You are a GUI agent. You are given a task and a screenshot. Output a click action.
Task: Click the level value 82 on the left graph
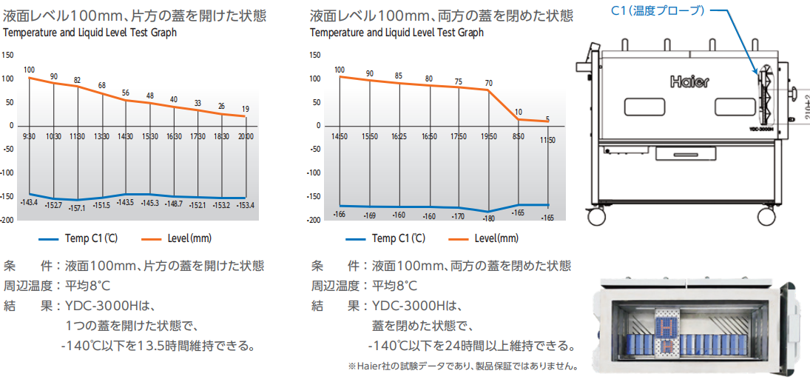tap(77, 81)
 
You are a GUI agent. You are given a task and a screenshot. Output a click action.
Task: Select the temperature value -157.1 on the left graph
tap(77, 208)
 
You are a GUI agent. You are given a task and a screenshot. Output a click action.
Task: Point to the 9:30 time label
tap(29, 136)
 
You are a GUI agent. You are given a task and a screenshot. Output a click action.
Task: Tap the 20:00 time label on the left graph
tap(245, 136)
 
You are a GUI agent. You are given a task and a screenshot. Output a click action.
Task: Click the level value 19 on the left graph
tap(246, 109)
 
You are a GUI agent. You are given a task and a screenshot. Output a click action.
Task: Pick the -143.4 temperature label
tap(30, 201)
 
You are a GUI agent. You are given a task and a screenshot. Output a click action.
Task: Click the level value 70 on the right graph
tap(488, 83)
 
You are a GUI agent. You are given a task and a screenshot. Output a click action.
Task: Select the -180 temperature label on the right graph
tap(488, 218)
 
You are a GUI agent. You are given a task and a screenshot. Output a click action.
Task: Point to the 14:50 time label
tap(339, 136)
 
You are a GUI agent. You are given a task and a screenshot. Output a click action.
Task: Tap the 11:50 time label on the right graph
tap(547, 139)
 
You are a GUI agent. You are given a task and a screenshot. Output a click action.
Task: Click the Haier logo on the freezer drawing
tap(689, 81)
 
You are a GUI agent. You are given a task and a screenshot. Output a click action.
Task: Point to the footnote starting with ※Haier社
tap(462, 366)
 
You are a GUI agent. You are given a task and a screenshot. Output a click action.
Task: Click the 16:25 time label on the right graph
tap(399, 136)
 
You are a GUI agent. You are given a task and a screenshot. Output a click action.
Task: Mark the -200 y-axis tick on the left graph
tap(7, 221)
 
